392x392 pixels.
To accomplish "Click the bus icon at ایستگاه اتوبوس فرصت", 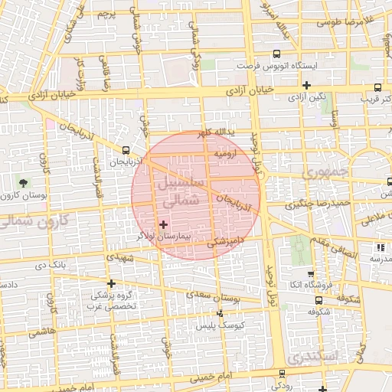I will (276, 54).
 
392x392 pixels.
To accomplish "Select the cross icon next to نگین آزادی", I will (307, 85).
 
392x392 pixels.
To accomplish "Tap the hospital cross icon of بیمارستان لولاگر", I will (163, 224).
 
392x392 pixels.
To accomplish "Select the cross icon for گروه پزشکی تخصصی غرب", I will (111, 283).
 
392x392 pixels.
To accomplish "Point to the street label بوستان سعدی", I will (208, 294).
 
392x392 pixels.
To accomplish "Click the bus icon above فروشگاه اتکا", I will (310, 275).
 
